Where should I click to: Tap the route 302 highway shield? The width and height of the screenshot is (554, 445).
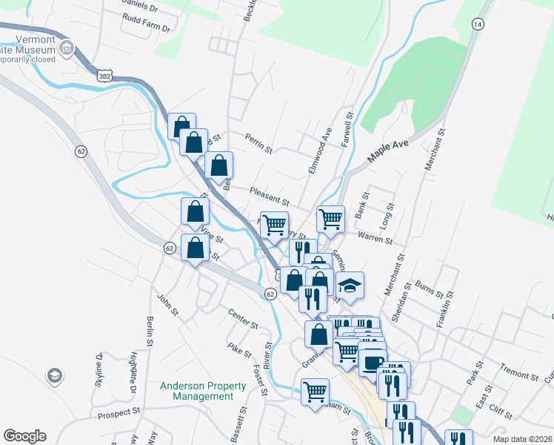coord(104,75)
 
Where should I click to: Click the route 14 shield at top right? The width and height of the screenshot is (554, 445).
coord(478,24)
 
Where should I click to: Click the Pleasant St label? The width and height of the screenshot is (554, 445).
coord(268,196)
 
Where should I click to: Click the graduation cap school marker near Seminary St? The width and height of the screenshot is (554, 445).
coord(350,285)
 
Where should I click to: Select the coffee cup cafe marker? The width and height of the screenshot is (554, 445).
coord(373,362)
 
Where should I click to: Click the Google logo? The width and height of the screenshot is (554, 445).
coord(24,436)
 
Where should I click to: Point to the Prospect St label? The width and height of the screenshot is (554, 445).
coord(116,410)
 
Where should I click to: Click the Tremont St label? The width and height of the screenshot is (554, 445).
coord(518,372)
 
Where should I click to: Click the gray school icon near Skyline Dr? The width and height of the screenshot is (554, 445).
coord(54,376)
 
